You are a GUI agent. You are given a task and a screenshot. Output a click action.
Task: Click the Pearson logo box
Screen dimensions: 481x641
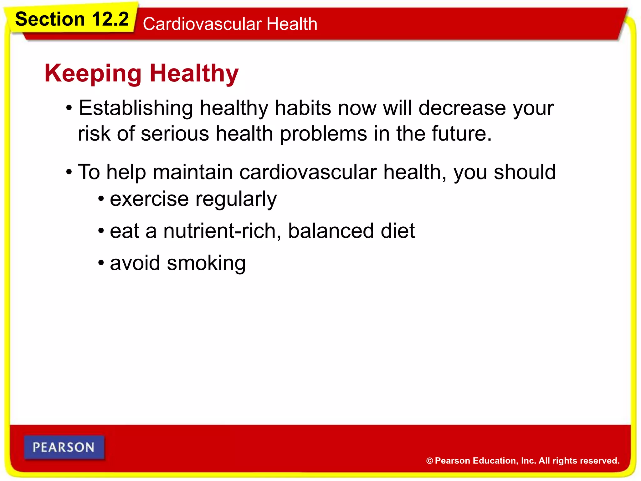pyautogui.click(x=64, y=447)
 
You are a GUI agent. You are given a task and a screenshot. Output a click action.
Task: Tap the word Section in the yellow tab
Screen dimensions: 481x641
pyautogui.click(x=50, y=19)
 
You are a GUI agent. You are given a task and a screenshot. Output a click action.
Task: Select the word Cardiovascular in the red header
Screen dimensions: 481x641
pyautogui.click(x=202, y=24)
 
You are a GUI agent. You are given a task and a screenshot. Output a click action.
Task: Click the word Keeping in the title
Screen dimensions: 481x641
pyautogui.click(x=93, y=74)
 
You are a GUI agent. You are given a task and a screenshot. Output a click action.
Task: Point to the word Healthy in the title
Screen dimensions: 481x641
pyautogui.click(x=194, y=74)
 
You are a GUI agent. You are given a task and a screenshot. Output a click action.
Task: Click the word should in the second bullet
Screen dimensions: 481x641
pyautogui.click(x=525, y=172)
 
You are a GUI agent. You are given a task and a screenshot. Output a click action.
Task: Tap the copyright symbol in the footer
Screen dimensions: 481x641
pyautogui.click(x=429, y=461)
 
